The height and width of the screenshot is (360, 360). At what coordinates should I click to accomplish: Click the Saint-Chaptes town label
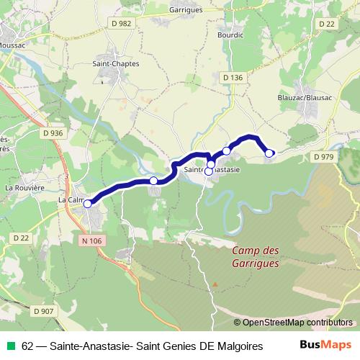pyautogui.click(x=116, y=63)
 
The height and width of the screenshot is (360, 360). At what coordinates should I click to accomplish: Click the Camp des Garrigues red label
pyautogui.click(x=256, y=257)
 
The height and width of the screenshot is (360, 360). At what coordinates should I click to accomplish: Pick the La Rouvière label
pyautogui.click(x=24, y=187)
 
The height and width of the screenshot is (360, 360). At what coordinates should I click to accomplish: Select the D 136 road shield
pyautogui.click(x=232, y=77)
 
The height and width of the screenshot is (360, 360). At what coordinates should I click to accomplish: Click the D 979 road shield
pyautogui.click(x=325, y=157)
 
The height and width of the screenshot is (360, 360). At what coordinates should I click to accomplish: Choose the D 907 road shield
pyautogui.click(x=42, y=310)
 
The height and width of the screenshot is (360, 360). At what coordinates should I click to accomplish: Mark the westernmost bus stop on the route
pyautogui.click(x=88, y=204)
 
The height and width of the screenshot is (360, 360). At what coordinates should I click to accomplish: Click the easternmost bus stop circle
pyautogui.click(x=269, y=153)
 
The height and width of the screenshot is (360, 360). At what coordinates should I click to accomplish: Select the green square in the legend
pyautogui.click(x=9, y=346)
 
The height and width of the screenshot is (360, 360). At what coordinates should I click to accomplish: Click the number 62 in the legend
pyautogui.click(x=27, y=346)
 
